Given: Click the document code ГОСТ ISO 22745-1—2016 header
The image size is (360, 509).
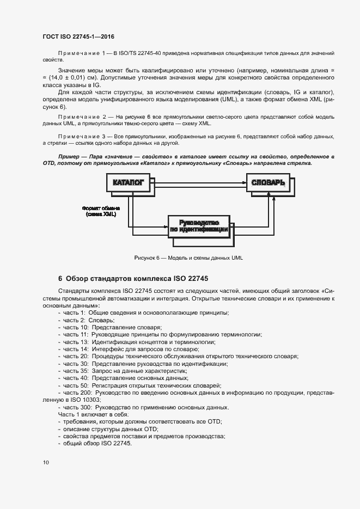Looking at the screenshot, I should [78, 36].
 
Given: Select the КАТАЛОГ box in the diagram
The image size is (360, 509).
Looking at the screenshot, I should [128, 183].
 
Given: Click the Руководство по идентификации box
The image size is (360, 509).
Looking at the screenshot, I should [198, 226].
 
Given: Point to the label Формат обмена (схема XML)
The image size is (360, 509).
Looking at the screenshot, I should [101, 211].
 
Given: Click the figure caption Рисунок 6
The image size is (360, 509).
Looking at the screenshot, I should [188, 258].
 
